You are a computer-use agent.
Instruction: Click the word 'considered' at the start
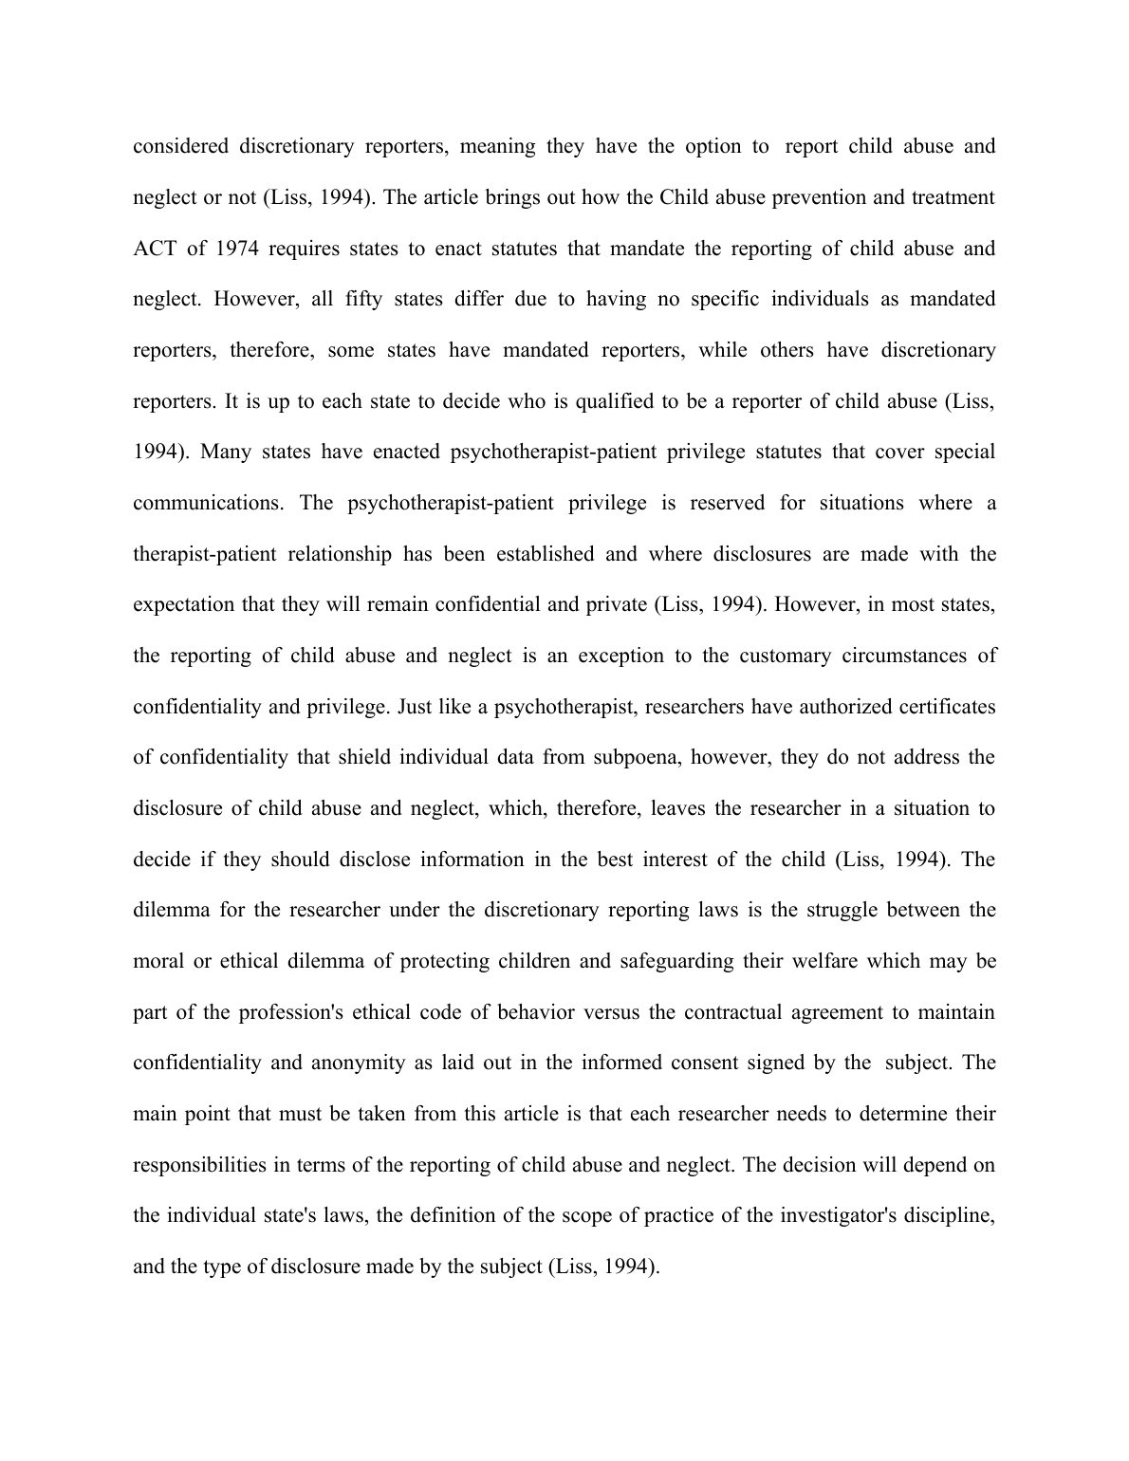coord(180,146)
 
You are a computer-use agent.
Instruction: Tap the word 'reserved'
coord(727,503)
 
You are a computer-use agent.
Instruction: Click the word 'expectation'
coord(184,604)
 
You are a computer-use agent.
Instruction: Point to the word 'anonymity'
coord(360,1063)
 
